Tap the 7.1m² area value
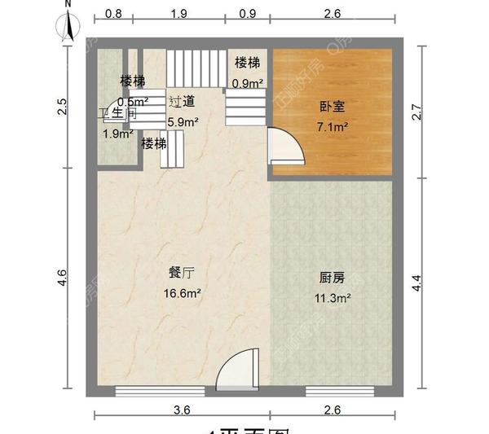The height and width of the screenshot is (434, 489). pos(333,126)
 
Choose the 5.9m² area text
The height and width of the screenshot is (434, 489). pos(183,122)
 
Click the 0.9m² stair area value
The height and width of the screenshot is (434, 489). pos(247,83)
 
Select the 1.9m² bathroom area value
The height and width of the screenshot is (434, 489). pos(117,134)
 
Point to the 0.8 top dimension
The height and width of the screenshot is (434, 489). pos(114,14)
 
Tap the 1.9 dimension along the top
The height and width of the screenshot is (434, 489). pos(180,14)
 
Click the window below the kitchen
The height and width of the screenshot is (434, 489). pos(333,392)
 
